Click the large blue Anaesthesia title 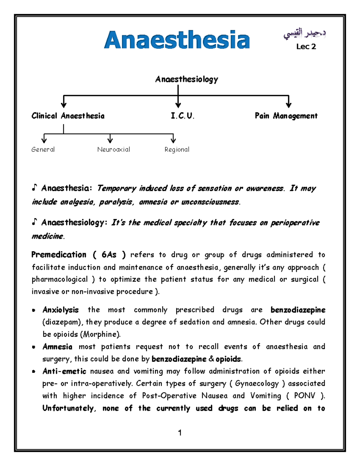point(177,40)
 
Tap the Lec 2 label point(306,47)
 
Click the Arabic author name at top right point(304,34)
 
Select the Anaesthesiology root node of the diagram point(186,79)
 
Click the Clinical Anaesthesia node point(68,116)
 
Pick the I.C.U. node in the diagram point(182,116)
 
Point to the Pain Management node point(286,116)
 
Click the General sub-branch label point(43,149)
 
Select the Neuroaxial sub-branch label point(114,149)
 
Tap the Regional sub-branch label point(177,149)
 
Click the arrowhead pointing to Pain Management point(288,105)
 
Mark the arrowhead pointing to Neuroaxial point(110,140)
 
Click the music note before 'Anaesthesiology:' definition point(34,222)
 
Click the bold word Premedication point(59,255)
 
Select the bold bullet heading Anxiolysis point(61,310)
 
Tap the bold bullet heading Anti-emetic point(64,371)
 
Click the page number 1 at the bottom point(180,433)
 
